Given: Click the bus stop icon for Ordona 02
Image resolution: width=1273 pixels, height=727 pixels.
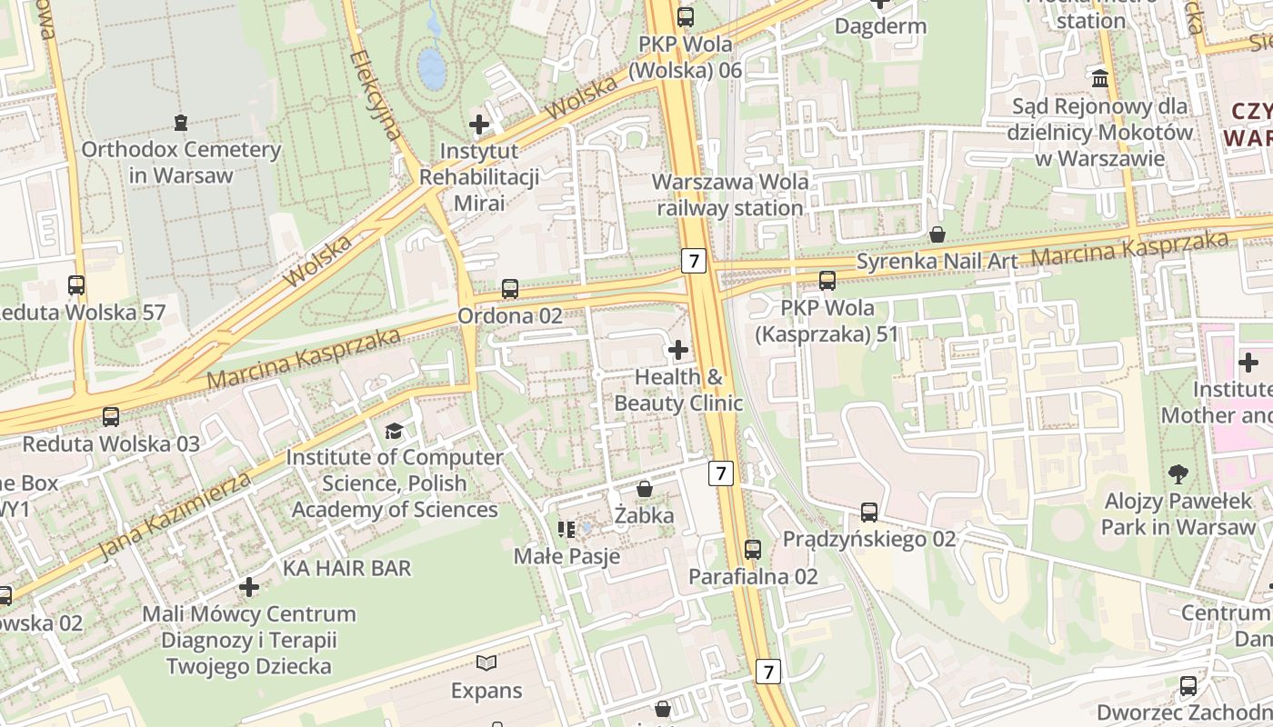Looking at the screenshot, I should click(509, 289).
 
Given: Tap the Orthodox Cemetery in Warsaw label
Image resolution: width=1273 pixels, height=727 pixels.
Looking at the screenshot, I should click(181, 162).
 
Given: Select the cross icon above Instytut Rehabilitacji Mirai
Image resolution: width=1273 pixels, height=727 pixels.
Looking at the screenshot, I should click(479, 124).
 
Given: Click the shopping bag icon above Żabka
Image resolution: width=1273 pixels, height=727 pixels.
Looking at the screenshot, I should click(645, 489).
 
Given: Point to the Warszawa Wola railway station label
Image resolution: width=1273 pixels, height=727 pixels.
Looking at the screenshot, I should click(731, 194).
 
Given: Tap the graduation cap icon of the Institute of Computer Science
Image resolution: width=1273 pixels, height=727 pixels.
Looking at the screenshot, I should click(394, 431).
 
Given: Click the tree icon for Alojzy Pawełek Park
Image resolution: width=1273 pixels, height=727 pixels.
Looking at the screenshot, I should click(1178, 473).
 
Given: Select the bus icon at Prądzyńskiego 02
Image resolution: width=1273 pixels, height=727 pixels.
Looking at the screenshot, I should click(869, 513).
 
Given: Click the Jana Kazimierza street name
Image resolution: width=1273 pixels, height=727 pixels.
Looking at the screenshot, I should click(173, 515).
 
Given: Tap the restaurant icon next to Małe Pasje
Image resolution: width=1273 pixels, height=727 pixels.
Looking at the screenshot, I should click(566, 529).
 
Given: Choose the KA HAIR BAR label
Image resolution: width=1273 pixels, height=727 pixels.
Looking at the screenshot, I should click(347, 568).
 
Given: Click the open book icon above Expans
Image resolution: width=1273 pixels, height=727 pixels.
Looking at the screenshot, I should click(486, 663).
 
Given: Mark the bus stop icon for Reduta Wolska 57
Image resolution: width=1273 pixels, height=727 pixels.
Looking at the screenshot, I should click(76, 285).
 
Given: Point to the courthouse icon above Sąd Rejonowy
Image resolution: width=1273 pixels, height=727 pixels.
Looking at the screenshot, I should click(1100, 79).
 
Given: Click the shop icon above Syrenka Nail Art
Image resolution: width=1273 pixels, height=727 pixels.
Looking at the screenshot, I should click(937, 234).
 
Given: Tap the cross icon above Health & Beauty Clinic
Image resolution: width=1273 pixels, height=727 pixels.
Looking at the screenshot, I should click(677, 349).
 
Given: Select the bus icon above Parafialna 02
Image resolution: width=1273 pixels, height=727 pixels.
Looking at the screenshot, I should click(753, 549).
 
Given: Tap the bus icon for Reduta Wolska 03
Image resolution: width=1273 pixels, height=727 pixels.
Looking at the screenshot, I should click(110, 417).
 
